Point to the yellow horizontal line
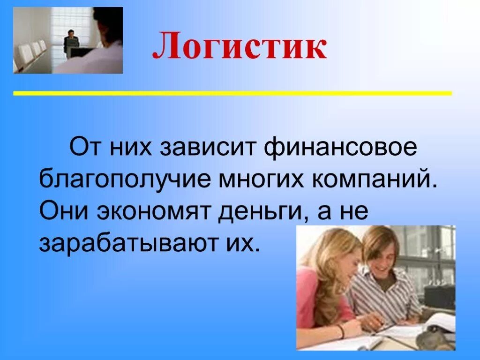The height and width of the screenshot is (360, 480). (x=232, y=93)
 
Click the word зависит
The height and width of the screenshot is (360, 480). (x=210, y=149)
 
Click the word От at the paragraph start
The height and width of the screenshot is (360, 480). (x=86, y=149)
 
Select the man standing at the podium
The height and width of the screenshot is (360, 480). (x=71, y=42)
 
